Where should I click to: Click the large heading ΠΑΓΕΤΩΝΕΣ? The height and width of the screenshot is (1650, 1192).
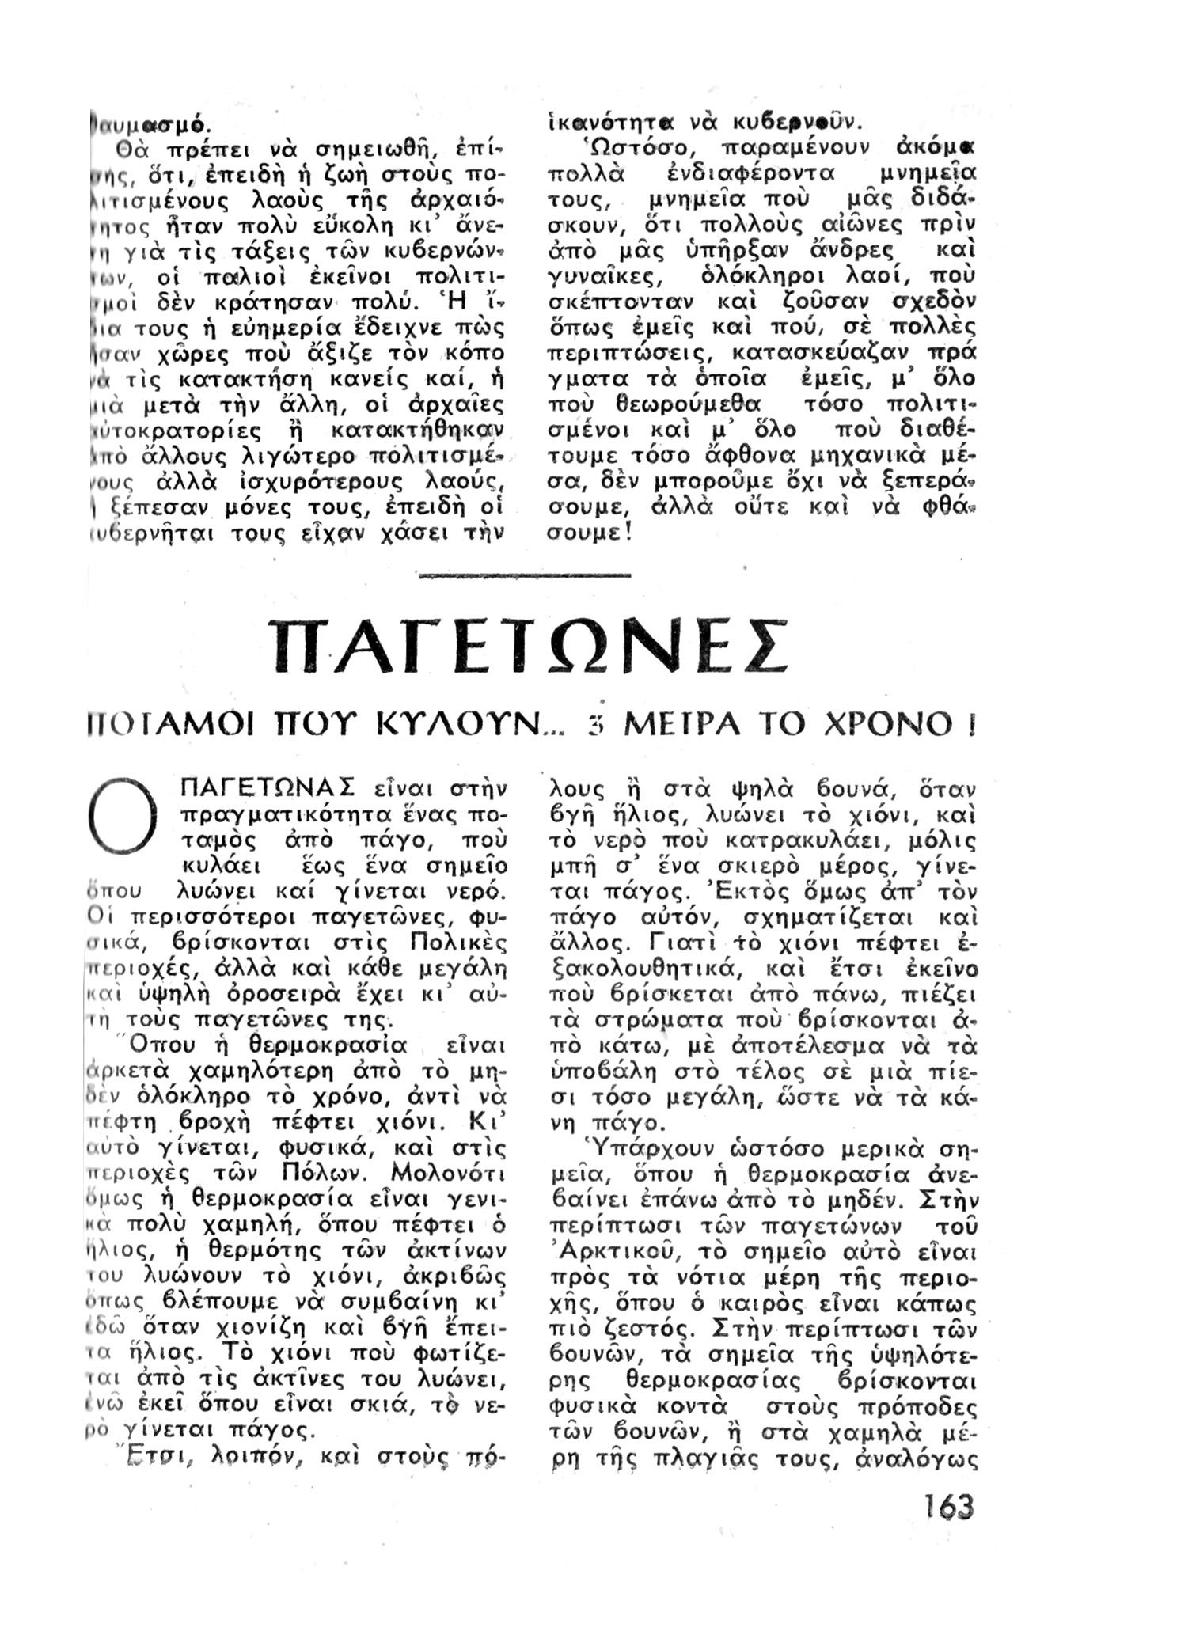528,645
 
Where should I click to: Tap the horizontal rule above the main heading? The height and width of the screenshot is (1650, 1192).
525,575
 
